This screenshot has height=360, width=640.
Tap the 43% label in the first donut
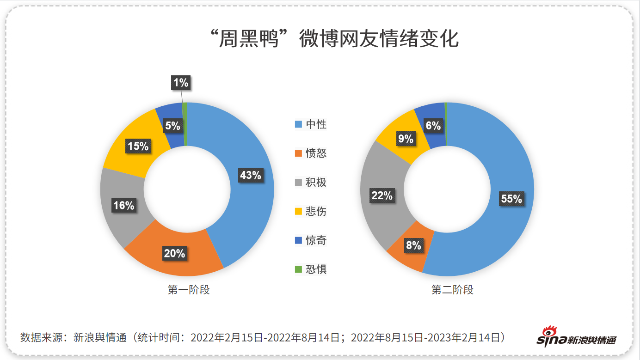pos(251,175)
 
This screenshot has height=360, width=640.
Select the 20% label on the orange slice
pos(174,253)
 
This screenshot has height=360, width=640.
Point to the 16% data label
pos(123,205)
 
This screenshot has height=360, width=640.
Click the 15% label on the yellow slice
pos(138,146)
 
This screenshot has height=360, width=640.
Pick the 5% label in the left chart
pos(172,125)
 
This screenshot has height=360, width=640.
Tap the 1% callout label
pos(180,83)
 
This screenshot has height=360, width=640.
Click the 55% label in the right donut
pos(511,199)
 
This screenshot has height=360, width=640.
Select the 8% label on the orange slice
pos(413,245)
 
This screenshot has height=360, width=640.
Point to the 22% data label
pos(382,195)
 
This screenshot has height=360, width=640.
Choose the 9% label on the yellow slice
pos(405,138)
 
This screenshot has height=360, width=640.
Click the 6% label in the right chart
pos(433,125)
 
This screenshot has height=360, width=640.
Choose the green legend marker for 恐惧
pos(298,269)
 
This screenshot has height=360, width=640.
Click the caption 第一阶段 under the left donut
pos(188,290)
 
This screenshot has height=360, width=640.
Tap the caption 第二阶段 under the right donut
pos(452,290)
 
